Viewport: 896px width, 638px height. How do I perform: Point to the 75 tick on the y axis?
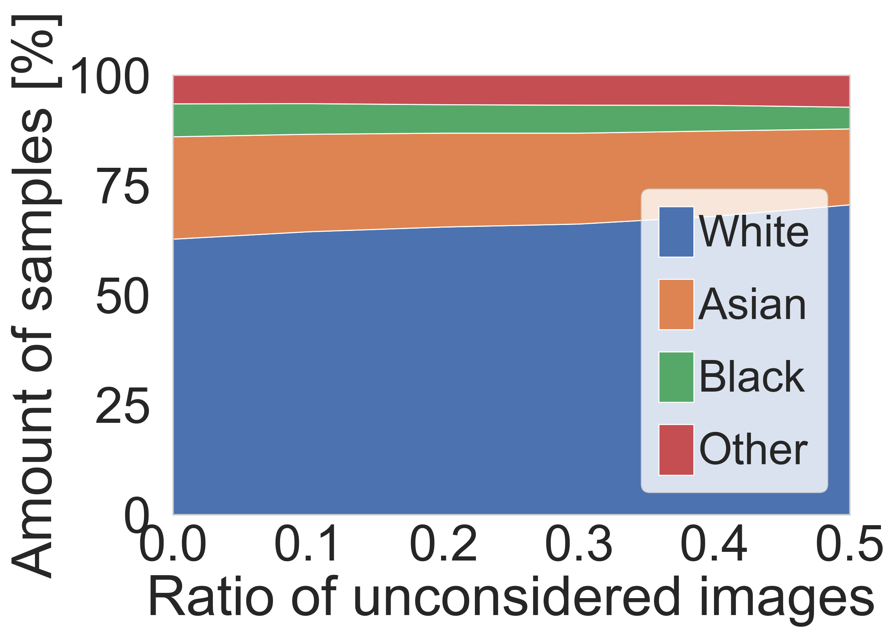[x=122, y=186]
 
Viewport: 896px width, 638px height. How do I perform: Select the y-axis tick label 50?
[x=122, y=296]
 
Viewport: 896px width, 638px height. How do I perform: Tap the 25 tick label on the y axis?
[x=122, y=406]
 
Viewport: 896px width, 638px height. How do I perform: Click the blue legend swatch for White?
[x=676, y=232]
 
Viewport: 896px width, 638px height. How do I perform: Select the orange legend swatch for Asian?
[x=676, y=304]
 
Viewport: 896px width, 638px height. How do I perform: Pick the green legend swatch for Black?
[x=676, y=377]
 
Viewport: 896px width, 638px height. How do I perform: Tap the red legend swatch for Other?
[x=676, y=450]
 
